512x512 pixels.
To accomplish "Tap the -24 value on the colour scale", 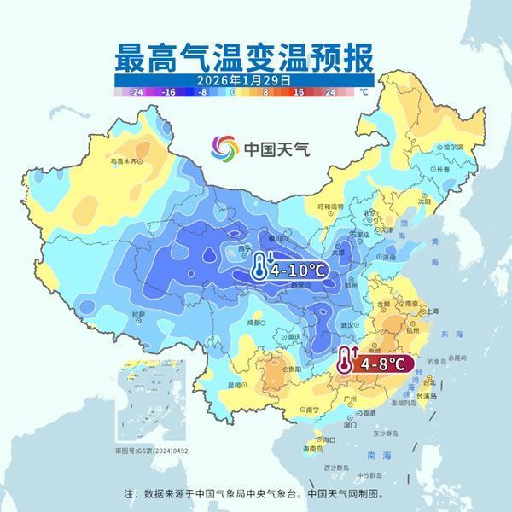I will [136, 90].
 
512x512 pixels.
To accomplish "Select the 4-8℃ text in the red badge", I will [383, 363].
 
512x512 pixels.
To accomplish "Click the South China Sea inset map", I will [141, 412].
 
